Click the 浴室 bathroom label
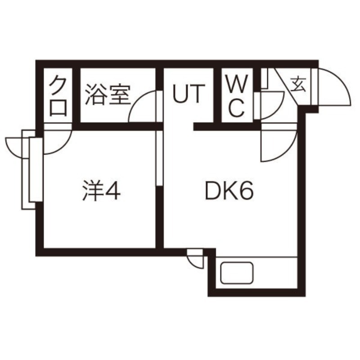coord(107,95)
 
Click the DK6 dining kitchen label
coord(229,192)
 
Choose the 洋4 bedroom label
coord(102,192)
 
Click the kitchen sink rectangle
coord(237,273)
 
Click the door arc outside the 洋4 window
coord(16,146)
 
